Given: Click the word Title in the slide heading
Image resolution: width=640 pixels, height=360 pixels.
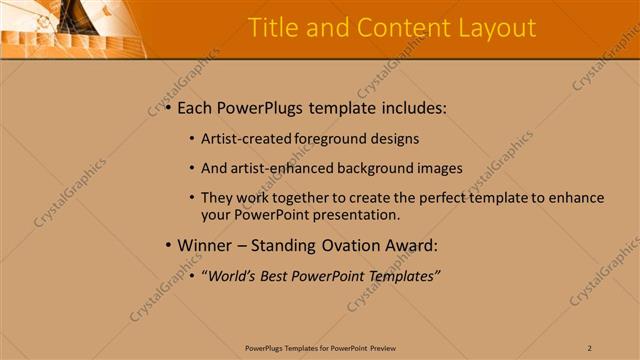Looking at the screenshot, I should [271, 28].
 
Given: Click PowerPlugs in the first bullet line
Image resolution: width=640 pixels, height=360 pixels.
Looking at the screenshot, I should [263, 108].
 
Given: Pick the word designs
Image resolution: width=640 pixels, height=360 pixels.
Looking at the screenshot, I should [394, 139].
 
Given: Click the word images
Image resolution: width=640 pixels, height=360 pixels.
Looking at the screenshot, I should [439, 167].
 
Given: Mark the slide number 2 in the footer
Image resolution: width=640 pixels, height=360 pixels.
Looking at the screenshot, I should [590, 347].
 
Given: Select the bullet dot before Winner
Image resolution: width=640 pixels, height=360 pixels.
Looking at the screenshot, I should [167, 245].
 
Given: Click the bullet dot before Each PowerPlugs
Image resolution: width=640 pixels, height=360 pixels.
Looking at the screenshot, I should [167, 108].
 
